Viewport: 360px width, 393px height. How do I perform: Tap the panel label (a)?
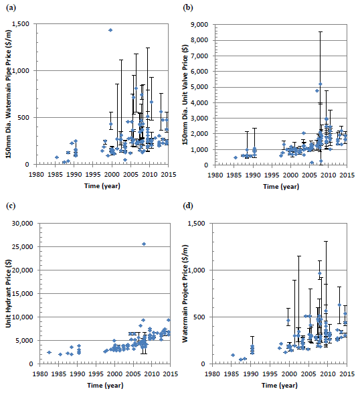(11, 8)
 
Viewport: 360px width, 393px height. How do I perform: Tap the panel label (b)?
(188, 8)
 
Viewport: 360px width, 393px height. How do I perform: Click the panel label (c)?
(11, 206)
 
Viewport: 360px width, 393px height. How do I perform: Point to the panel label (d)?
(188, 206)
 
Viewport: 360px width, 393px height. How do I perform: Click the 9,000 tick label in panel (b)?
(199, 25)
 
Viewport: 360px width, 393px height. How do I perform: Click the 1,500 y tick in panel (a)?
(21, 24)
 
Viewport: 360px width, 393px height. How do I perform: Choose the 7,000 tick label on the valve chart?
(199, 56)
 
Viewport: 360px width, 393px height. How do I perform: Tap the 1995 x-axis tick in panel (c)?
(96, 374)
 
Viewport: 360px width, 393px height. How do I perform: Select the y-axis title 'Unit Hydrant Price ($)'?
(8, 293)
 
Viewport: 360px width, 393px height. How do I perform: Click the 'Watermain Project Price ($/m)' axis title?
(185, 293)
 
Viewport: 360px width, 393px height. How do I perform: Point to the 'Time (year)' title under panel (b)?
(281, 187)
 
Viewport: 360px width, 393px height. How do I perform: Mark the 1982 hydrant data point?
(49, 352)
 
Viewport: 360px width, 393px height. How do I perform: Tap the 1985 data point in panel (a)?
(57, 157)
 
